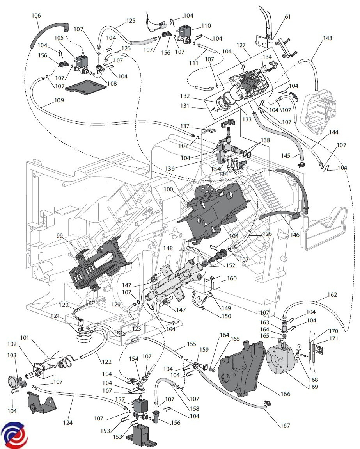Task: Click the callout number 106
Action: click(x=36, y=16)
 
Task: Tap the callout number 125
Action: click(x=131, y=20)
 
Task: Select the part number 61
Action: click(x=288, y=17)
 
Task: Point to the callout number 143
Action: click(x=328, y=38)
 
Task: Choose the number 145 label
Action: click(x=286, y=156)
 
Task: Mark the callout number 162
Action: click(x=332, y=295)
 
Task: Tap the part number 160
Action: click(x=232, y=279)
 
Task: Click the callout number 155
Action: click(x=191, y=345)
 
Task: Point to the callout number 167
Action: click(x=285, y=425)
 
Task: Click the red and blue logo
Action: click(x=14, y=435)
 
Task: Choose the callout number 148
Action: click(x=168, y=248)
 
